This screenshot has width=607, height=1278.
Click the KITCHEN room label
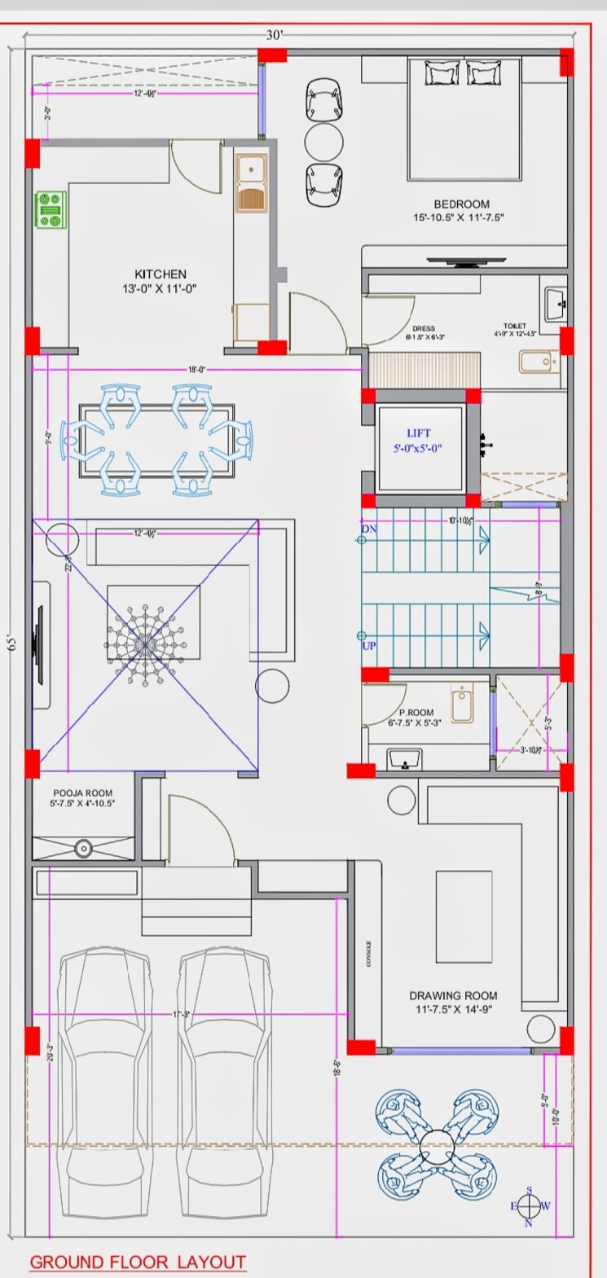point(161,274)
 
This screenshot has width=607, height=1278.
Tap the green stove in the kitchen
point(51,209)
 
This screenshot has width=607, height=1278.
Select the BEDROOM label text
point(461,204)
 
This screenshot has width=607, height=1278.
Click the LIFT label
point(419,433)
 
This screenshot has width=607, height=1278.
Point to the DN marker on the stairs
point(369,529)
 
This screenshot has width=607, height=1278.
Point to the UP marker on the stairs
point(369,646)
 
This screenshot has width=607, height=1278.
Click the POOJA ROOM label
point(83,793)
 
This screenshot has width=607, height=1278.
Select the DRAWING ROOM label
point(453,995)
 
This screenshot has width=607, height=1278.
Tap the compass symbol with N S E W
point(530,1206)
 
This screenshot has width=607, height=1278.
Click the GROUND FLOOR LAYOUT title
point(138,1263)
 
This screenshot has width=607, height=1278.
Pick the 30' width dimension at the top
point(275,35)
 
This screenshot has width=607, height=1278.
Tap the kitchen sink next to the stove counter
point(250,184)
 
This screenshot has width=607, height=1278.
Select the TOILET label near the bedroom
point(515,327)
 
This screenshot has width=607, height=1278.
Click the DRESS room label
point(424,330)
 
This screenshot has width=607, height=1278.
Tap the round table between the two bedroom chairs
point(323,142)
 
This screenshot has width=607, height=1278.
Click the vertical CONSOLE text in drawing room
point(369,950)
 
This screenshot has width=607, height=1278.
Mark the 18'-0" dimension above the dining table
point(196,369)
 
